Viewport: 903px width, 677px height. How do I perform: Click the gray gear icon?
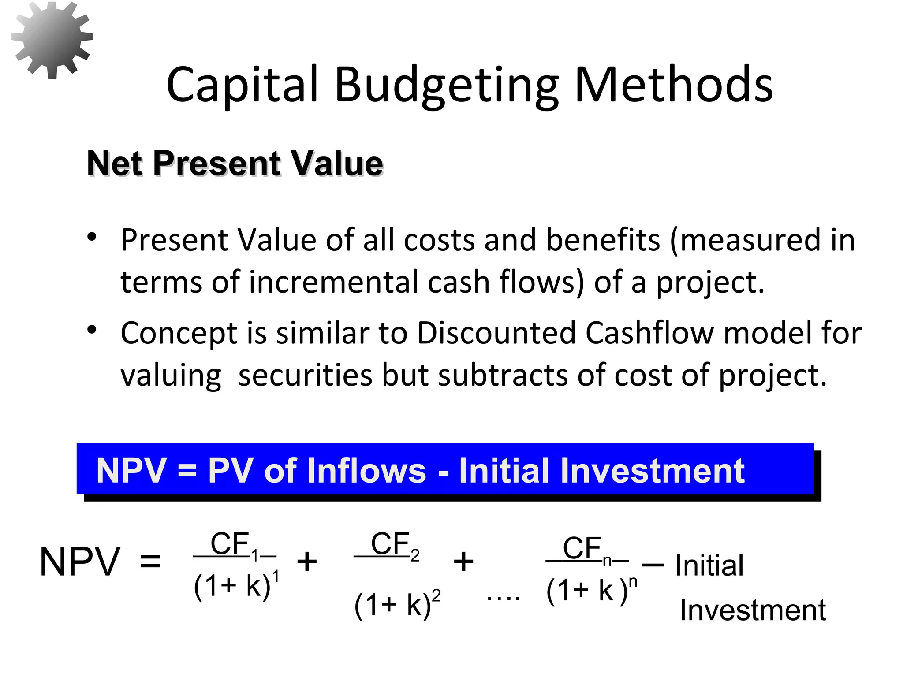[x=52, y=40]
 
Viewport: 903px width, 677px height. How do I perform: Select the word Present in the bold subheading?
[x=216, y=164]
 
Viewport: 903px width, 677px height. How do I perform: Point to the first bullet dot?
[x=92, y=237]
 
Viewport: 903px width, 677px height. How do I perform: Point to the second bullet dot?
[x=92, y=330]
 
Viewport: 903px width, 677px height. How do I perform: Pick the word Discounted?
[x=496, y=333]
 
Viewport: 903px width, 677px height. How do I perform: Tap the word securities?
[x=305, y=375]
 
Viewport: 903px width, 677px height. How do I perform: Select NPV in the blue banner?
[x=131, y=471]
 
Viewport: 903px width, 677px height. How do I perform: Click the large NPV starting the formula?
[x=80, y=562]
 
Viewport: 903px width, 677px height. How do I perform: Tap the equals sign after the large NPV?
[x=150, y=562]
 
